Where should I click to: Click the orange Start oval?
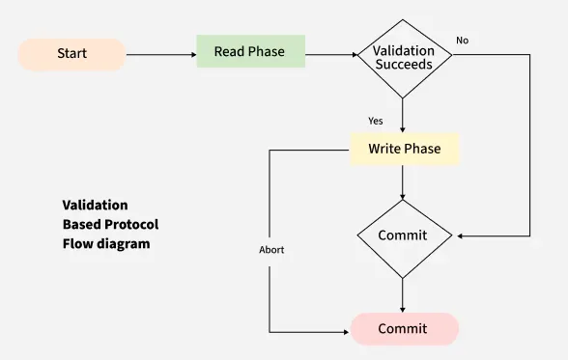tap(71, 54)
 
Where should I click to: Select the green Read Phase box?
tap(250, 51)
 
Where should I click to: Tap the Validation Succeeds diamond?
tap(403, 57)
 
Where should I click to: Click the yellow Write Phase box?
tap(404, 149)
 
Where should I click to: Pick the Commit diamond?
tap(403, 235)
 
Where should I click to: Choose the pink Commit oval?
tap(403, 329)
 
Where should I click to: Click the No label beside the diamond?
tap(462, 41)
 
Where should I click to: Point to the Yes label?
tap(377, 121)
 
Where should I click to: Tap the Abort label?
tap(271, 250)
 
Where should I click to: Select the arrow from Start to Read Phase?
tap(160, 55)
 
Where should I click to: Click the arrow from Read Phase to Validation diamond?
tap(330, 55)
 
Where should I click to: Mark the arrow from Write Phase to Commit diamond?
tap(403, 181)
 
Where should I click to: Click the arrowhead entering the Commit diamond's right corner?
tap(461, 235)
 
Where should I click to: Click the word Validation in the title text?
tap(95, 206)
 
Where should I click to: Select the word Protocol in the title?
tap(132, 225)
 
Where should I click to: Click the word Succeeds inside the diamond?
tap(403, 65)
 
